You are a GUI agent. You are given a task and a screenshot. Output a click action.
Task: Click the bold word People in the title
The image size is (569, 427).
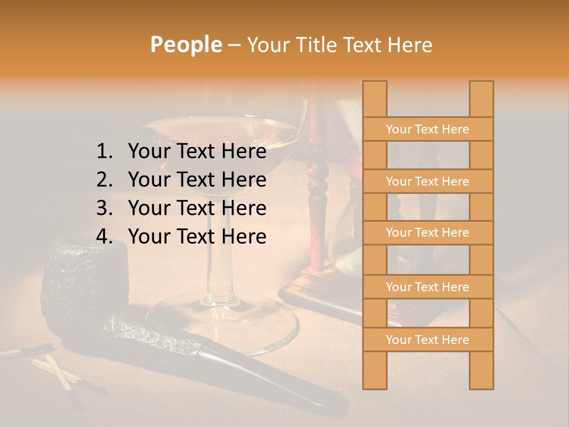[186, 44]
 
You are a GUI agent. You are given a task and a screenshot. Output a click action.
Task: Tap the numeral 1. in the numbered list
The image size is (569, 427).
[104, 152]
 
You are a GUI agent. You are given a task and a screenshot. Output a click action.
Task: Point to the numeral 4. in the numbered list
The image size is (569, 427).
[104, 237]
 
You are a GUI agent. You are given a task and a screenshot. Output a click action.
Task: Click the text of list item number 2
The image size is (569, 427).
[197, 180]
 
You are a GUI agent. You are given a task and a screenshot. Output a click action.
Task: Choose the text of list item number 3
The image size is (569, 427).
[197, 208]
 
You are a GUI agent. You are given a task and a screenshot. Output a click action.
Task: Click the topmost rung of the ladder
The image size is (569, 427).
[427, 129]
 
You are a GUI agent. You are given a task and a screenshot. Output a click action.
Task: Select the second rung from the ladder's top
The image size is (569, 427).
[427, 181]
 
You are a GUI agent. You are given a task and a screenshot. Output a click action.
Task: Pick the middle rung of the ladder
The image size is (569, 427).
[427, 232]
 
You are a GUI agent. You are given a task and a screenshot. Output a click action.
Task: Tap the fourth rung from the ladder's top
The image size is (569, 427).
[427, 287]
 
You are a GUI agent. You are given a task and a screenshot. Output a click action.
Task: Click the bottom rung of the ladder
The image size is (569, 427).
[427, 340]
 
